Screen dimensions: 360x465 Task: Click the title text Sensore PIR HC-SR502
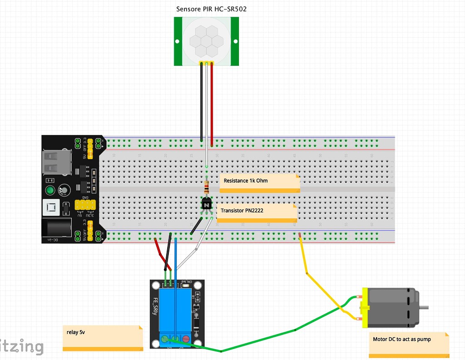[211, 9]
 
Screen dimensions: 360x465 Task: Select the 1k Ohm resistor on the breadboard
[207, 186]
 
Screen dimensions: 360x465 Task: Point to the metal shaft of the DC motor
[423, 308]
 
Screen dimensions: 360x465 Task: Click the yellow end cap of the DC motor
[364, 308]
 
